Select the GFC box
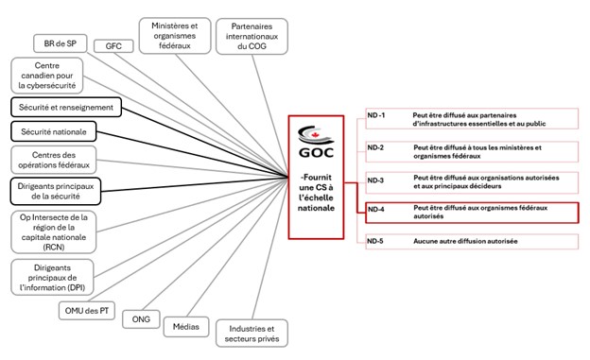(113, 46)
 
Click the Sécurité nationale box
(57, 132)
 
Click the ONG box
(142, 319)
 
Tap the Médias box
(186, 326)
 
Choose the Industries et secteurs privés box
(252, 332)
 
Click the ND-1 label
(377, 115)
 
